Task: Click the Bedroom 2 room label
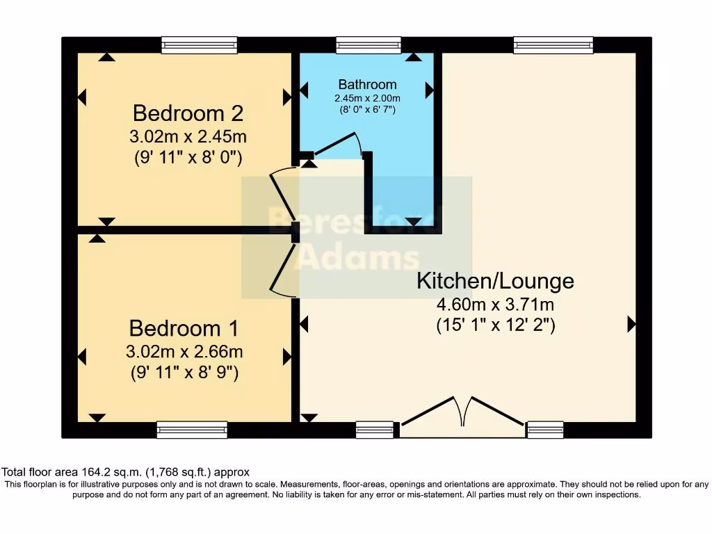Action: (x=188, y=112)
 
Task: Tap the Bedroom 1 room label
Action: (x=184, y=327)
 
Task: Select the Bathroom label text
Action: (x=367, y=85)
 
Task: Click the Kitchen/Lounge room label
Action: (x=495, y=281)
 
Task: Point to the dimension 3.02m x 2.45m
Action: (x=188, y=135)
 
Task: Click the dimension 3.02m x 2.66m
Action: (x=184, y=350)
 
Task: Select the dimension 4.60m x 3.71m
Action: (x=495, y=304)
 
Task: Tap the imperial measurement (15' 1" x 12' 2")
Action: (x=495, y=324)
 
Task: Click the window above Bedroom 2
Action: (x=199, y=45)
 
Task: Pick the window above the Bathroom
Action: (x=368, y=45)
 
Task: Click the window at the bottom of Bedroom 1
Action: (x=192, y=430)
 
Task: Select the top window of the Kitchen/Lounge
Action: (x=553, y=45)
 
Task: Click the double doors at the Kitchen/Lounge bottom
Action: (x=462, y=417)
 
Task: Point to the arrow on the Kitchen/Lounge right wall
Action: (x=631, y=323)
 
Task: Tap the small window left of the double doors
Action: (x=374, y=430)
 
